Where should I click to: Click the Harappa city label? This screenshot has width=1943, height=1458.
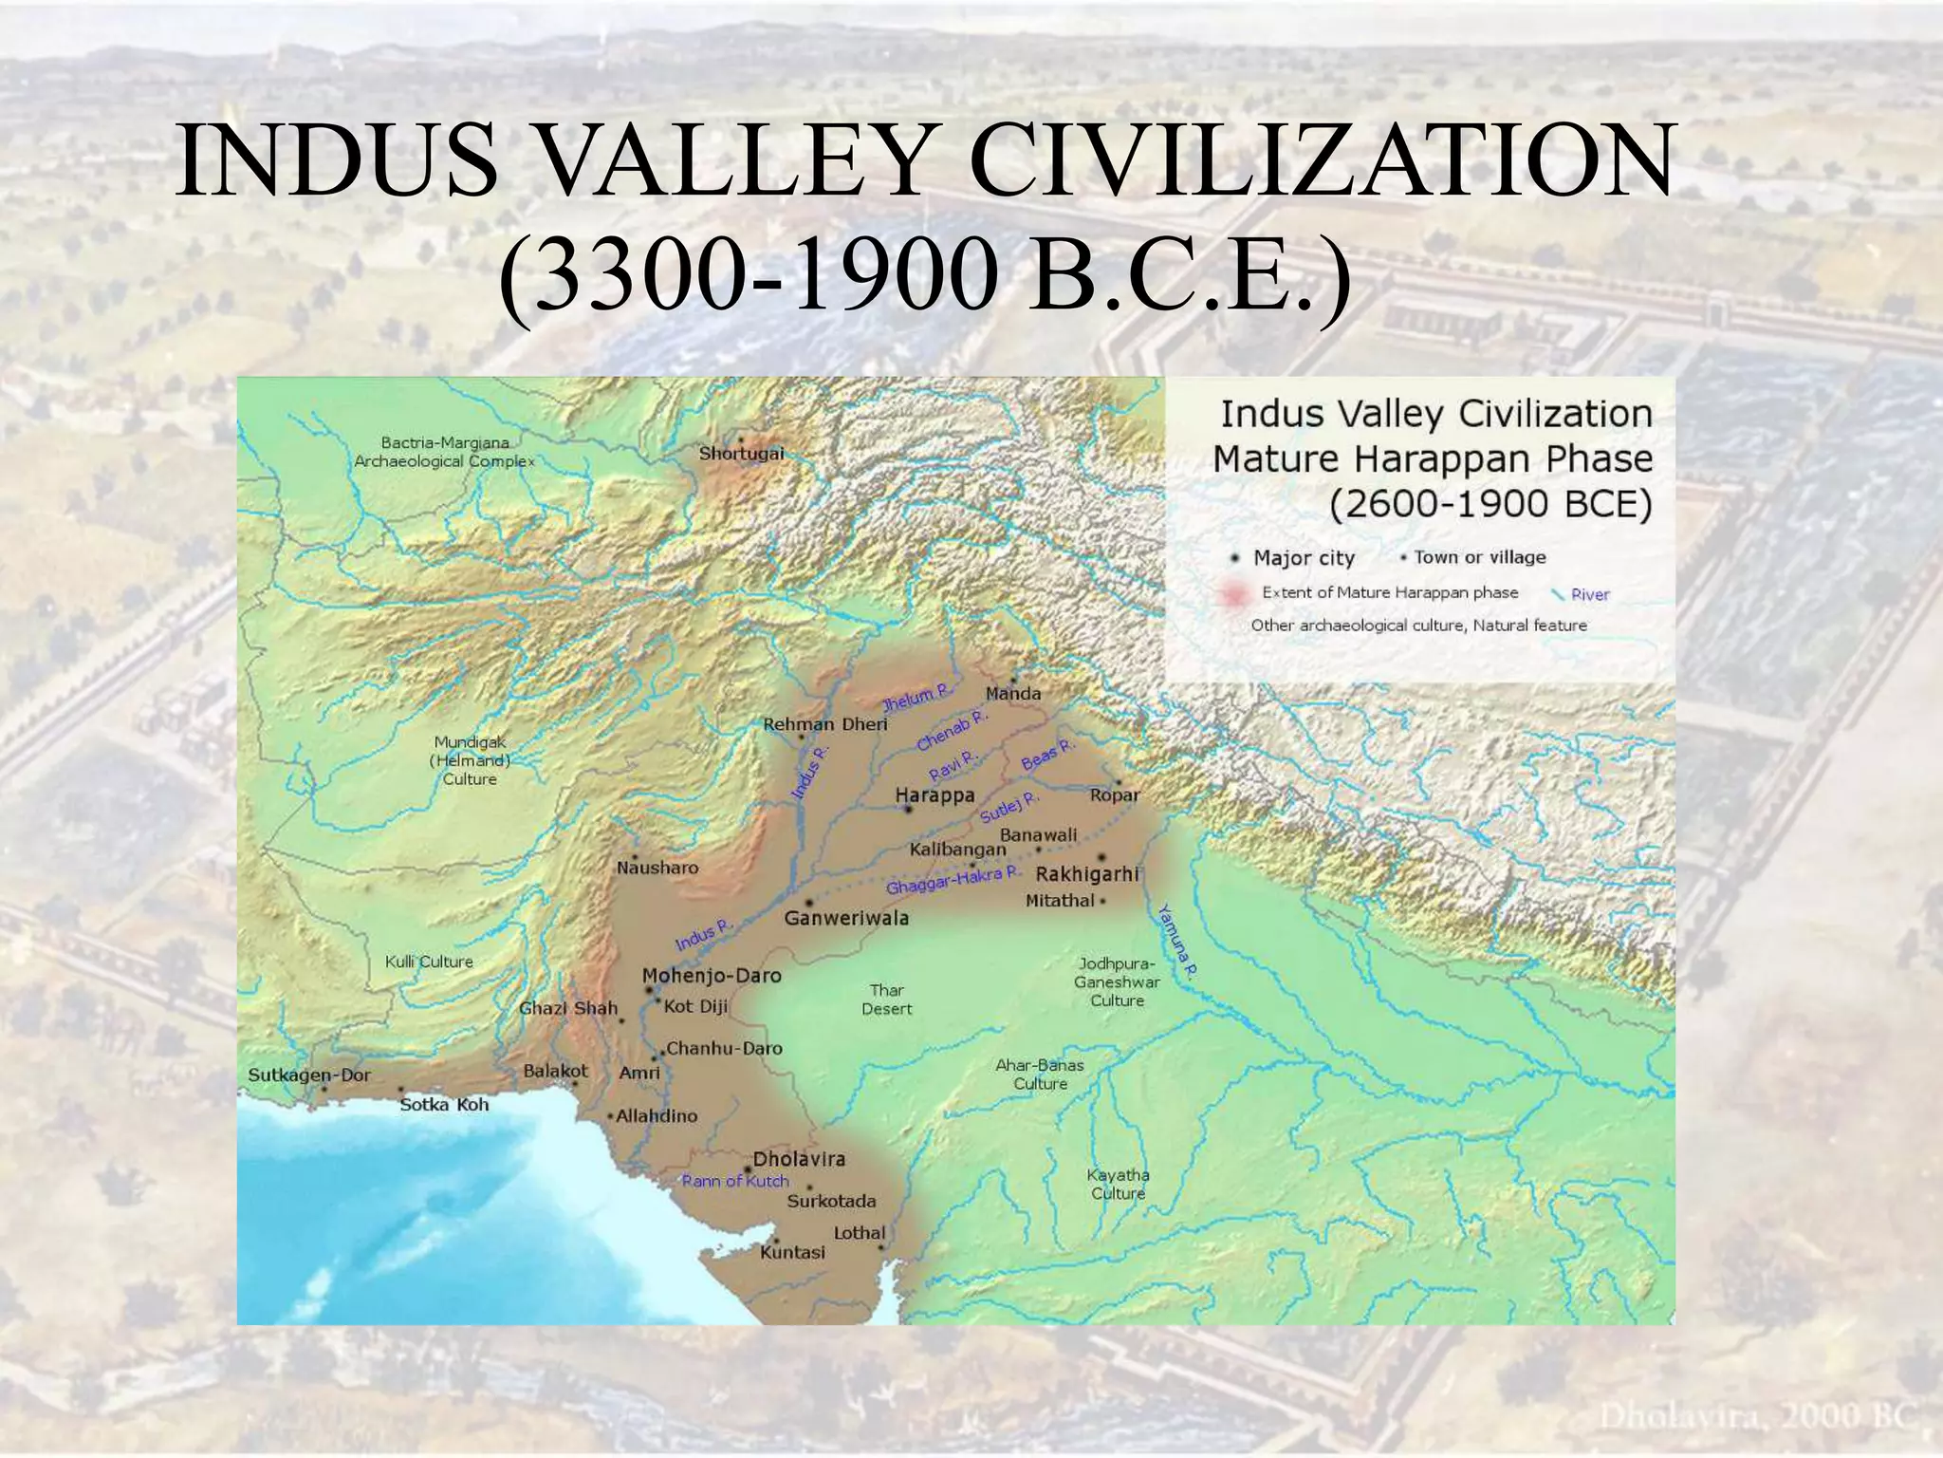click(934, 794)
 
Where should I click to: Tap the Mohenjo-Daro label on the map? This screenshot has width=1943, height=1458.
click(712, 975)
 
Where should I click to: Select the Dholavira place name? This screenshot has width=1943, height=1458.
click(798, 1159)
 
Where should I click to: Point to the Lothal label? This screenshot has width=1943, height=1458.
click(859, 1233)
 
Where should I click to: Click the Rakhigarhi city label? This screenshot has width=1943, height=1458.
click(1086, 873)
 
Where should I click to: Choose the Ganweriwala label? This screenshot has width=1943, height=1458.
click(846, 918)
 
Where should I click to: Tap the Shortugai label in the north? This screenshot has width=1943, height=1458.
click(741, 453)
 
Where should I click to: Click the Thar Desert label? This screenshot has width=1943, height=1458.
click(886, 1000)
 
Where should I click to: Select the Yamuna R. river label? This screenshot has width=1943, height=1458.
click(1177, 940)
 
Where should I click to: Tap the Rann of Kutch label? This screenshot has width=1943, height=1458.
click(735, 1181)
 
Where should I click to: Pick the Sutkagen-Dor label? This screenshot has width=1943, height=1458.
click(309, 1075)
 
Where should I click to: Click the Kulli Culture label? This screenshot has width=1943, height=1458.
click(429, 962)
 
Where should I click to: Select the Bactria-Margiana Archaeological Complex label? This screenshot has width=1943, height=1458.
click(444, 452)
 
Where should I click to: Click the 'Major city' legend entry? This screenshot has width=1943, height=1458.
click(1303, 558)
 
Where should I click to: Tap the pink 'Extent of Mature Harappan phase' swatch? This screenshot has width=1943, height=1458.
click(1233, 594)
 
